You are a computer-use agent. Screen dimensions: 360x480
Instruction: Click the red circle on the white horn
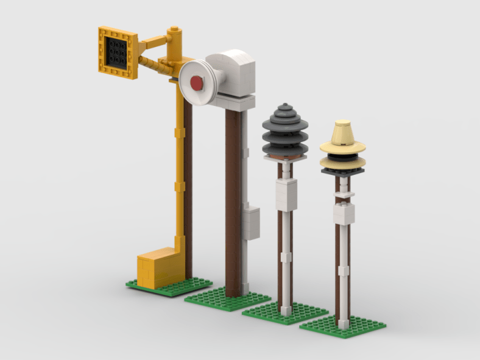click(197, 83)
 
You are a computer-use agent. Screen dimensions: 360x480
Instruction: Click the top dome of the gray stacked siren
click(285, 110)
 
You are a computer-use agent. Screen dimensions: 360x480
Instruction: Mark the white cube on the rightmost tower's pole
click(344, 214)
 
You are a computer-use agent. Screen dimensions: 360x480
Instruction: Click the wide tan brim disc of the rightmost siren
click(343, 147)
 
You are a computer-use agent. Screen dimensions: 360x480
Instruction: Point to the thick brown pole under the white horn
click(233, 201)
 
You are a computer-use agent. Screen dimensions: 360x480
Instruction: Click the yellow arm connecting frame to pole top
click(155, 42)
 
